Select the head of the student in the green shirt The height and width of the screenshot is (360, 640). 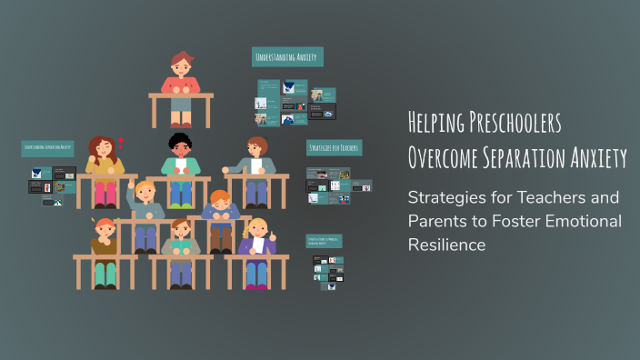coord(179,146)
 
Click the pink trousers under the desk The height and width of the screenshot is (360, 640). coord(105,194)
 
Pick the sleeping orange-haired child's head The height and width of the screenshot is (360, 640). coord(219,201)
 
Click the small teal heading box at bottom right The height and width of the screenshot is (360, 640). coord(324,242)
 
